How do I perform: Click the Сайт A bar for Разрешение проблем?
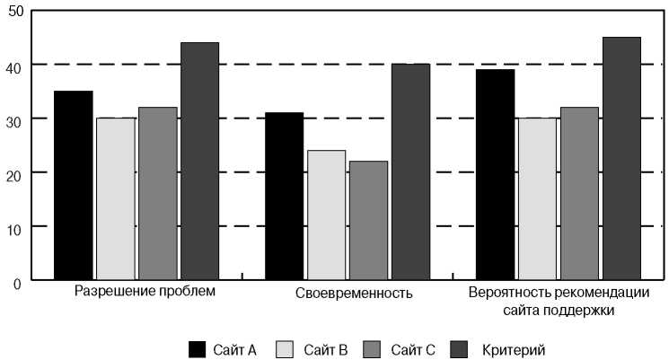point(74,186)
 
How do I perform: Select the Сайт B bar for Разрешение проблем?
point(116,199)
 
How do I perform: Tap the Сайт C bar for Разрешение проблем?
point(158,194)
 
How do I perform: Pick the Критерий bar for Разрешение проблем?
point(199,162)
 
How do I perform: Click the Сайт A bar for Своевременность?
point(284,197)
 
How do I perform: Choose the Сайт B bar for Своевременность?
point(326,215)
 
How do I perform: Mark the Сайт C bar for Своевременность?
point(368,221)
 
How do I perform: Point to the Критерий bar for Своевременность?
point(410,172)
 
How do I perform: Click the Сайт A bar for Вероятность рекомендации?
point(495,175)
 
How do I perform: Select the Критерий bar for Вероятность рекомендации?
point(621,159)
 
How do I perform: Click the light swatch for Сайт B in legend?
point(286,349)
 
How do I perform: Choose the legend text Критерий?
point(513,349)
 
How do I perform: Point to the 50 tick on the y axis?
point(14,11)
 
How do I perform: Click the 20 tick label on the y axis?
point(14,172)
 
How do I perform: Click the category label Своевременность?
point(354,294)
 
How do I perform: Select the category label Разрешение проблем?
point(145,293)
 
